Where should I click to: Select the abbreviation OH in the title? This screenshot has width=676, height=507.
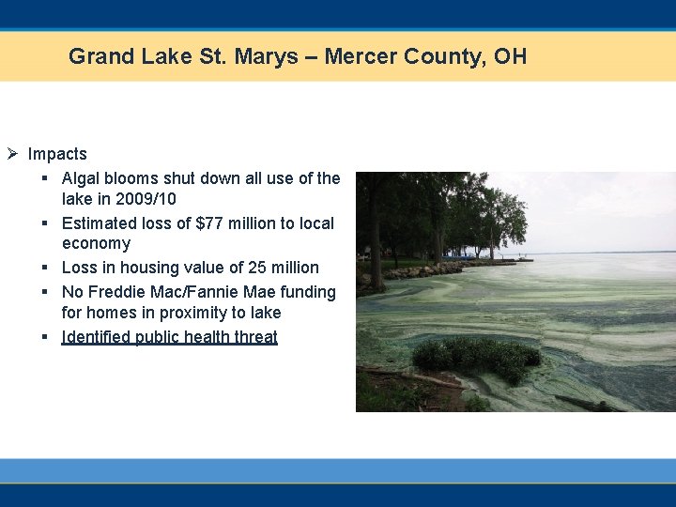[x=511, y=56]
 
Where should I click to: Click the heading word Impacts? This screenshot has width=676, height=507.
[x=57, y=154]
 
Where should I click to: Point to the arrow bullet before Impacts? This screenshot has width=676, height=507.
[x=12, y=154]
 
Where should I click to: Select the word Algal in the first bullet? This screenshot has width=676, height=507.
[x=81, y=178]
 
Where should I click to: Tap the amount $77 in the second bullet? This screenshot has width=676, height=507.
[x=210, y=223]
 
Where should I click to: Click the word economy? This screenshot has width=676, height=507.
[x=96, y=243]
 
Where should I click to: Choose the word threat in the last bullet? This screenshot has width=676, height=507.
[x=256, y=337]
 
